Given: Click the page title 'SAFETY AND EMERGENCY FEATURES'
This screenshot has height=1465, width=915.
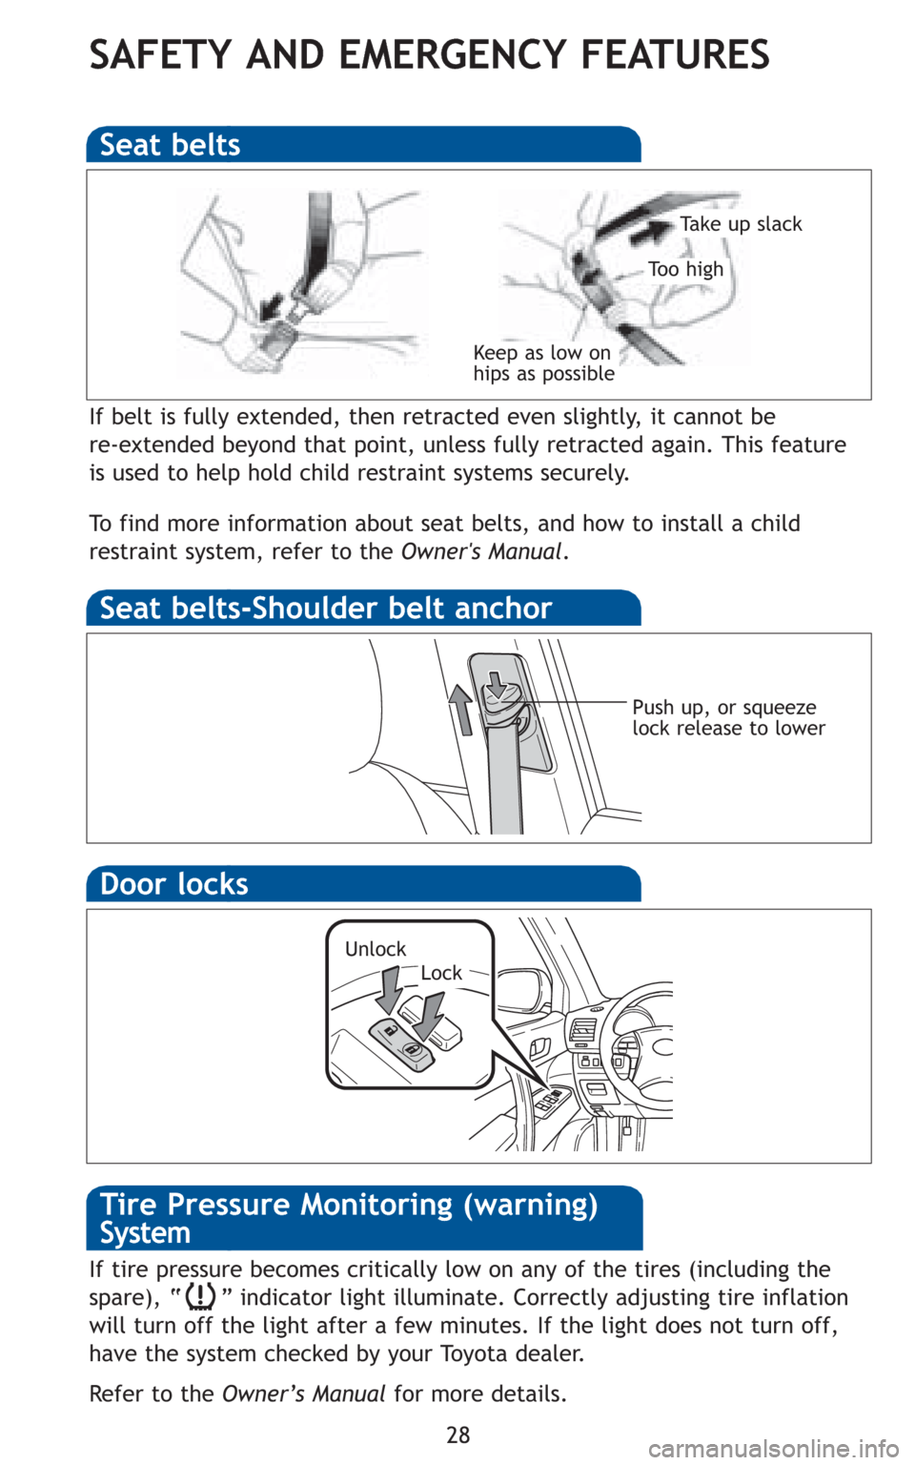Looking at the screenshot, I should coord(429,54).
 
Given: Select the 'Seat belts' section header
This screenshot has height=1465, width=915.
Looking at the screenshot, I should coord(171,145).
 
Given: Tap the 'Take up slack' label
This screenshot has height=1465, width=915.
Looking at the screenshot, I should coord(741,224).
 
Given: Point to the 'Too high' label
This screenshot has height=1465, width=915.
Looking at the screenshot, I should coord(685,269).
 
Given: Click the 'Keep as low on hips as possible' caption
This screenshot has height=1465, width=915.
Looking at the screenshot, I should coord(543,363).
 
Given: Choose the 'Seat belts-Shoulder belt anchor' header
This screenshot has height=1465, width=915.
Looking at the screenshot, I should coord(326,609).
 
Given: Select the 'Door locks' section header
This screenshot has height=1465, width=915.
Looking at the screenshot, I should coord(174,884).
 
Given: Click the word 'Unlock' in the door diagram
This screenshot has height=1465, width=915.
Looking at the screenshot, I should coord(376,949).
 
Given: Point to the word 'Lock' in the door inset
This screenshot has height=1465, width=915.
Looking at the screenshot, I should coord(441,973).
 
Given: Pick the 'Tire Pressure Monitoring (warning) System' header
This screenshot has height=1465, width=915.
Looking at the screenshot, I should coord(349,1218).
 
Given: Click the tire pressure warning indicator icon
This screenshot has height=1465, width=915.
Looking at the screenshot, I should coord(200,1298).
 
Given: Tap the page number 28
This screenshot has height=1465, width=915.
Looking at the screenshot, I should coord(458,1434).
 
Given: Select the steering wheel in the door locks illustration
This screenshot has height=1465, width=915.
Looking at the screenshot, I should coord(635,1040).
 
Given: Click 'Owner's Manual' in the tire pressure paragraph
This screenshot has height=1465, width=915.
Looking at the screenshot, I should coord(304,1393).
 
